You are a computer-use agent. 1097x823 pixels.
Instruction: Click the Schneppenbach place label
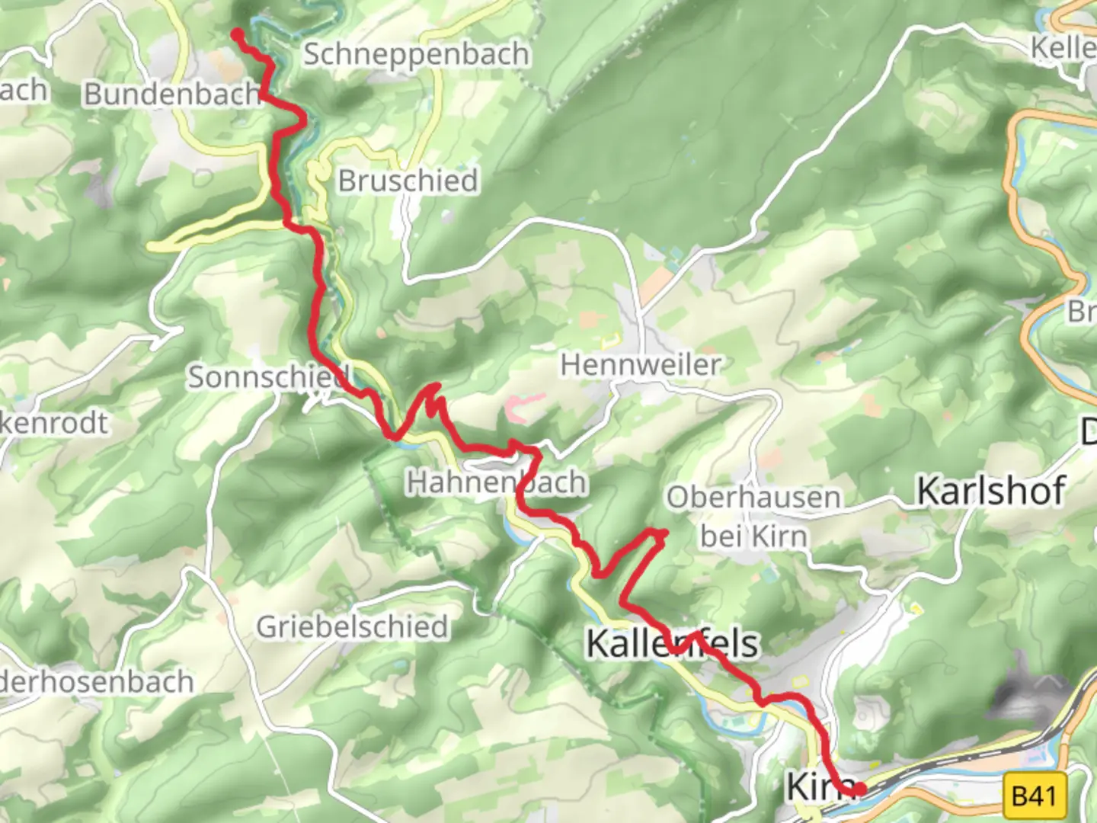click(416, 55)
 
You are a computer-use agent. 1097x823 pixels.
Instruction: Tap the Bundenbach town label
click(172, 94)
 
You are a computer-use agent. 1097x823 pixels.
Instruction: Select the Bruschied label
click(408, 181)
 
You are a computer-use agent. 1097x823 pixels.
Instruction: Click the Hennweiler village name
click(640, 365)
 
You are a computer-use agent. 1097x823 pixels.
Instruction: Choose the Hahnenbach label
click(497, 482)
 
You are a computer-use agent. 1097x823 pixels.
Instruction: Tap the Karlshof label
click(990, 491)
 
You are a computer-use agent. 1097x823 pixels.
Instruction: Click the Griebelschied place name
click(352, 627)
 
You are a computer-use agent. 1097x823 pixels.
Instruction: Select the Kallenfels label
click(672, 645)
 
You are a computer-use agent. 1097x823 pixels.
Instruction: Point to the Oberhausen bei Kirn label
click(753, 517)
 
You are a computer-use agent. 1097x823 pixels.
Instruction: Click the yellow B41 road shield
click(1035, 796)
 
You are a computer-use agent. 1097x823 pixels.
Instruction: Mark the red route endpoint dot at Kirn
click(859, 789)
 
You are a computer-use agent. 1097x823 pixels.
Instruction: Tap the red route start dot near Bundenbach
click(238, 34)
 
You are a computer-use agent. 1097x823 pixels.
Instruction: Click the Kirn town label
click(812, 786)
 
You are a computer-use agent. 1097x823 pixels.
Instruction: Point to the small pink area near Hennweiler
click(523, 406)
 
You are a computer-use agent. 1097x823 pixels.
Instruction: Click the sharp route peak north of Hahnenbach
click(435, 386)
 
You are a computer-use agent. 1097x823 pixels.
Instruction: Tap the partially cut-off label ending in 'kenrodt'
click(53, 422)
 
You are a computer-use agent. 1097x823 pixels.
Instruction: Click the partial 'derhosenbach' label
click(96, 681)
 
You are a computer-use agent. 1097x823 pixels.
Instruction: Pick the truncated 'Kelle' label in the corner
click(1063, 48)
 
